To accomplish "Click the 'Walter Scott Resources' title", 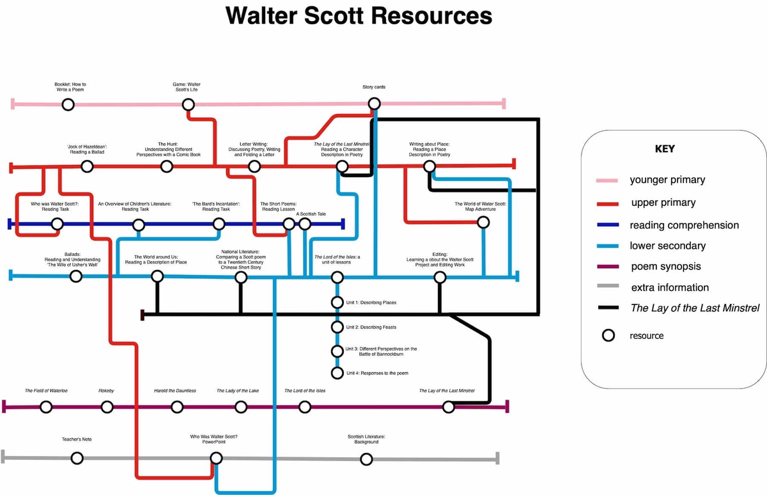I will pyautogui.click(x=359, y=16).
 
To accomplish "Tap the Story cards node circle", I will pyautogui.click(x=375, y=104).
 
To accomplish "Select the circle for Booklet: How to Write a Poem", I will pyautogui.click(x=68, y=104).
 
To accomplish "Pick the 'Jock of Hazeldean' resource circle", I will pyautogui.click(x=87, y=167).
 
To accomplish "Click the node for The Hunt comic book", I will pyautogui.click(x=167, y=167).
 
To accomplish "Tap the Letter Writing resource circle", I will pyautogui.click(x=254, y=167).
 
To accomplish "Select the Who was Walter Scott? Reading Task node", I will pyautogui.click(x=58, y=224).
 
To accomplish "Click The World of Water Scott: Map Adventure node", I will pyautogui.click(x=483, y=223).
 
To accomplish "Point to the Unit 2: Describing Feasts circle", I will pyautogui.click(x=337, y=327).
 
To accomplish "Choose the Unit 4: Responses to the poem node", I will pyautogui.click(x=337, y=373).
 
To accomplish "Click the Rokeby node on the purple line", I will pyautogui.click(x=107, y=407).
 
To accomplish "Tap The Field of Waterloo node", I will pyautogui.click(x=45, y=407).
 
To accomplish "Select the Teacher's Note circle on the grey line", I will pyautogui.click(x=77, y=458).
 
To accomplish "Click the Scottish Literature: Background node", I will pyautogui.click(x=366, y=459).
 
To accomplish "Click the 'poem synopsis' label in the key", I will pyautogui.click(x=665, y=267).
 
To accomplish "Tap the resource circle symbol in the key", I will pyautogui.click(x=608, y=336).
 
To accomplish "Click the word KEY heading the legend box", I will pyautogui.click(x=665, y=149).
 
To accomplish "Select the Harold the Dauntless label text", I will pyautogui.click(x=175, y=390).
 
